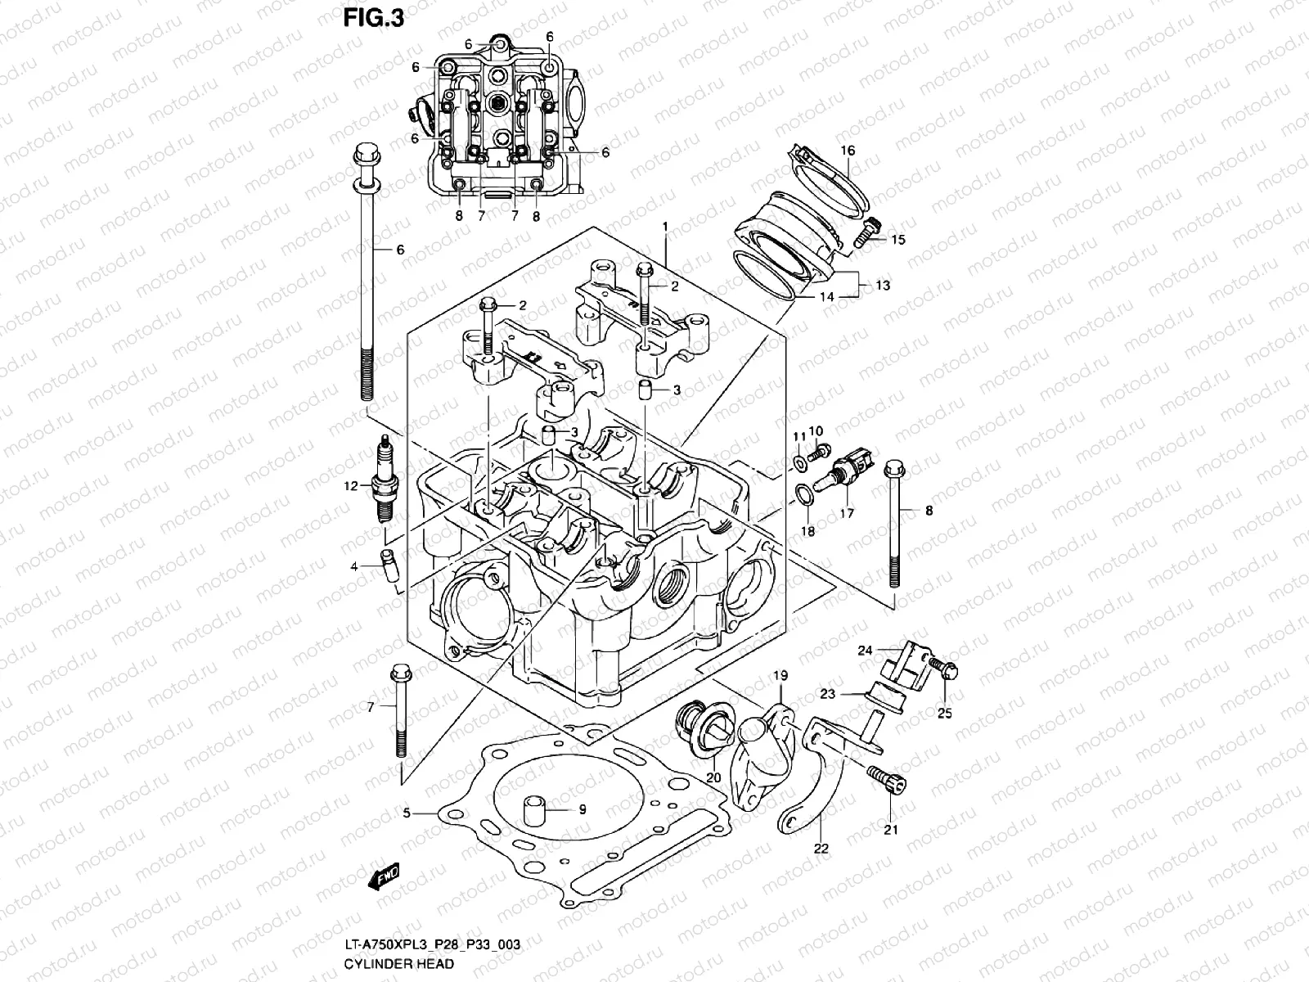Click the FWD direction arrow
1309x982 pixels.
(x=384, y=877)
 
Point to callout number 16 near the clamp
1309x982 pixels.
(x=848, y=151)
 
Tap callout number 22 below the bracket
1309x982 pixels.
(x=821, y=849)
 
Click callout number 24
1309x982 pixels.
(x=866, y=651)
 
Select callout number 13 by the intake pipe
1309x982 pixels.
(x=882, y=286)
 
